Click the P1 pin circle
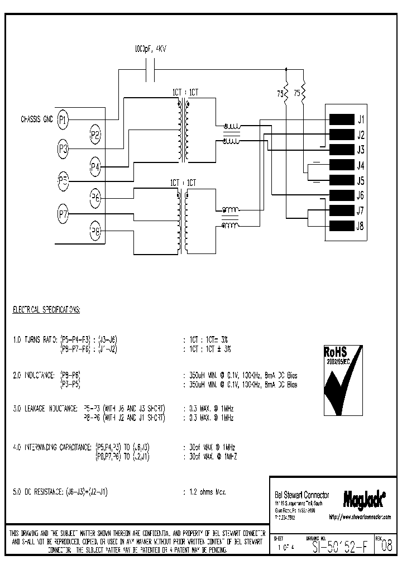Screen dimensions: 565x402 tap(63, 119)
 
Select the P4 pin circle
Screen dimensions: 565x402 tap(95, 166)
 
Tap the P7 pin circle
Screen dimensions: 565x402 tap(63, 213)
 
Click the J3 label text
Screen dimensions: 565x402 tap(361, 150)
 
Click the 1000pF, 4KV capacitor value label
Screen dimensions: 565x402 tap(151, 49)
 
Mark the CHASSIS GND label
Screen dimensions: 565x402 tap(37, 119)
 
